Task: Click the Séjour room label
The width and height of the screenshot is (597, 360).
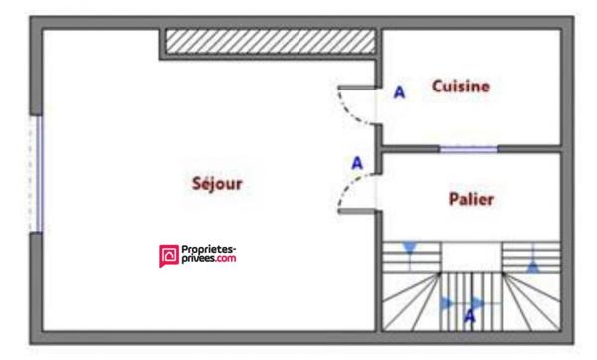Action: [217, 184]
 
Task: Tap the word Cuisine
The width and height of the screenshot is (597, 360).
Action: [460, 87]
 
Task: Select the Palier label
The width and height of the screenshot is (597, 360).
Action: [471, 199]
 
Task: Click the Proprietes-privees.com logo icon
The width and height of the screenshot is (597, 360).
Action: [168, 257]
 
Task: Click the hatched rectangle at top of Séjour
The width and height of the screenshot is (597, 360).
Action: [270, 41]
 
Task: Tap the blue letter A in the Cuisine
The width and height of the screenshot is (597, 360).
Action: [400, 92]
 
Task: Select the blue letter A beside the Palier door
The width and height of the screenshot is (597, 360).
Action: [357, 163]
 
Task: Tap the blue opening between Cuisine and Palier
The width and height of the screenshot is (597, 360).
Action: [469, 149]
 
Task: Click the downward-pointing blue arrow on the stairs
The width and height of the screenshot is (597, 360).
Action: [408, 248]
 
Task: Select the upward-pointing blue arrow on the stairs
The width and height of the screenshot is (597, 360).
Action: [534, 266]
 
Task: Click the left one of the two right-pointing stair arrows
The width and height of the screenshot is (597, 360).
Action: [446, 302]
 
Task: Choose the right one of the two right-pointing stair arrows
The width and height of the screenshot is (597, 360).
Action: [477, 301]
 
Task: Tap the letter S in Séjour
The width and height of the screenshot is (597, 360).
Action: [197, 184]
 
